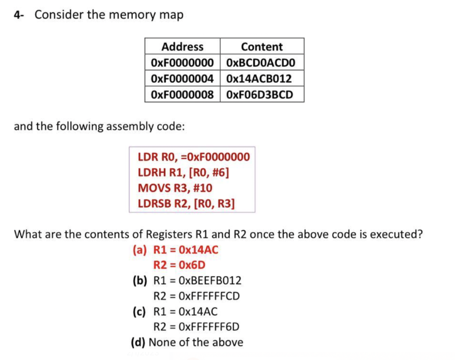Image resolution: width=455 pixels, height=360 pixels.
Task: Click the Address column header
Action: pos(182,47)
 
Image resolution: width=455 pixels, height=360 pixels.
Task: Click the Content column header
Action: pos(262,47)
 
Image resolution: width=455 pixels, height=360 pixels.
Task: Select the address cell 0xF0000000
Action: pos(182,63)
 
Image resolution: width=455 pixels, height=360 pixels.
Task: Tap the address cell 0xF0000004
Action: pos(182,79)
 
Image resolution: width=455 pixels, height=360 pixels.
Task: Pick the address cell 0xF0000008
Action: pos(182,94)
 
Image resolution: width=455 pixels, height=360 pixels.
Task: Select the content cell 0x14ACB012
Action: pos(259,79)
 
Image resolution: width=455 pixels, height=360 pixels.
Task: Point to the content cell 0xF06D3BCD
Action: pos(260,94)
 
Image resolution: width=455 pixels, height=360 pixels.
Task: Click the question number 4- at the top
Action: pos(18,15)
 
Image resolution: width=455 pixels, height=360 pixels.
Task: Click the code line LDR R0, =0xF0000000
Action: pos(194,157)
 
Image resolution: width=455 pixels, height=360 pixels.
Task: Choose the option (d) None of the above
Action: pos(187,342)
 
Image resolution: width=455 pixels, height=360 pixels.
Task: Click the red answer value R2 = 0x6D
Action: pos(180,265)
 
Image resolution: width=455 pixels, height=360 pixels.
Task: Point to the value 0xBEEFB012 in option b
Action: pos(210,281)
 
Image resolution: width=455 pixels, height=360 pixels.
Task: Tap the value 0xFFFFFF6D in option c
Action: pos(209,327)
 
